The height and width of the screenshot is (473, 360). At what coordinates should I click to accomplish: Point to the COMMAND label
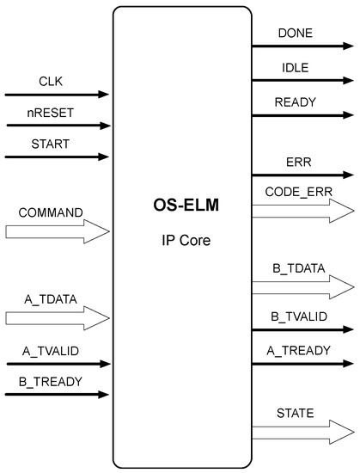pyautogui.click(x=51, y=212)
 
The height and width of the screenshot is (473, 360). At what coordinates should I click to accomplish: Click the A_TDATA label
pyautogui.click(x=51, y=299)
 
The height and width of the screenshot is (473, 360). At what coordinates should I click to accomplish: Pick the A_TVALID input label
pyautogui.click(x=51, y=351)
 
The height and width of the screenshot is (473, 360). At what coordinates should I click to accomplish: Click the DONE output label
pyautogui.click(x=295, y=34)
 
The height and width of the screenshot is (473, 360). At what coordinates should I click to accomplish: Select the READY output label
pyautogui.click(x=296, y=101)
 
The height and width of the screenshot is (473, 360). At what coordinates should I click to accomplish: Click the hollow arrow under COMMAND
pyautogui.click(x=57, y=230)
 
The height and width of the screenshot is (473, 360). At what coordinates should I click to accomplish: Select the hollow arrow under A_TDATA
pyautogui.click(x=57, y=318)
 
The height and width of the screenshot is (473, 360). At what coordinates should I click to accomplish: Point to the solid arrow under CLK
pyautogui.click(x=57, y=94)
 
